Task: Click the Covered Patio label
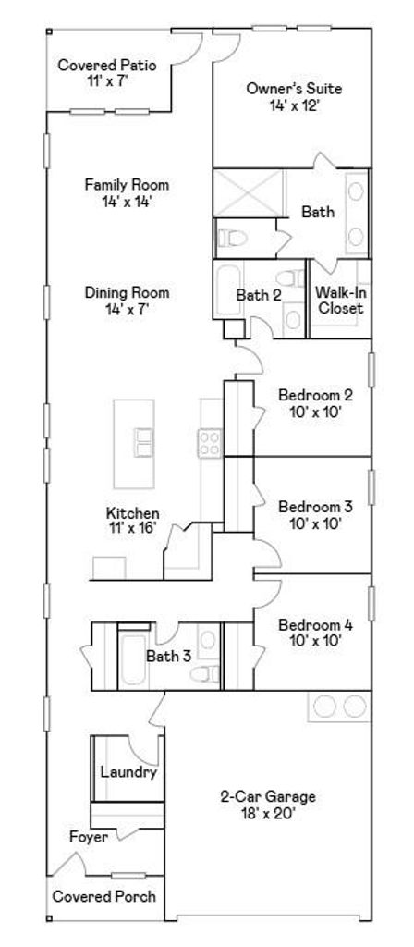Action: pyautogui.click(x=107, y=65)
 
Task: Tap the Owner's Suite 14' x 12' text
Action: pyautogui.click(x=294, y=105)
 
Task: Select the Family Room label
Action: pyautogui.click(x=127, y=184)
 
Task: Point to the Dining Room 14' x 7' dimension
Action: pyautogui.click(x=127, y=309)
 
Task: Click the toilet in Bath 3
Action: pyautogui.click(x=205, y=673)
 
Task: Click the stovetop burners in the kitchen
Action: pyautogui.click(x=210, y=441)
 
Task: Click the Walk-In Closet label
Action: pyautogui.click(x=341, y=301)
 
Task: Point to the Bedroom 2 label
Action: pyautogui.click(x=315, y=395)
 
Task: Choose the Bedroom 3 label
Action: pyautogui.click(x=315, y=506)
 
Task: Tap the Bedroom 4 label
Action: pyautogui.click(x=315, y=624)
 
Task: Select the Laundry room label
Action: pyautogui.click(x=128, y=772)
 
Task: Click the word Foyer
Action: pyautogui.click(x=89, y=837)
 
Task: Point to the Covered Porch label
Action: pyautogui.click(x=103, y=896)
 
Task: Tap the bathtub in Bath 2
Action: pyautogui.click(x=229, y=290)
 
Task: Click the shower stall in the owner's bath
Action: pyautogui.click(x=249, y=193)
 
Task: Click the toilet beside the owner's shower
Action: pyautogui.click(x=232, y=238)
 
